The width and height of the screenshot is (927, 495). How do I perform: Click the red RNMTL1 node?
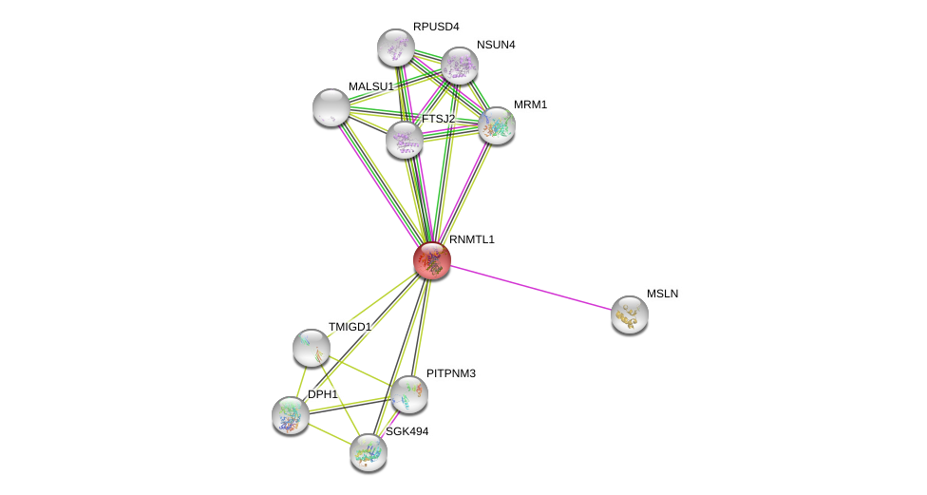(x=432, y=260)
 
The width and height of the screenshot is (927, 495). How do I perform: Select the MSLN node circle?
(x=629, y=314)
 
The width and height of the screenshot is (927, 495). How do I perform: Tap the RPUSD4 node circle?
(x=396, y=48)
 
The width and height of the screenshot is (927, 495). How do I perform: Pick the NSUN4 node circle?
(x=460, y=66)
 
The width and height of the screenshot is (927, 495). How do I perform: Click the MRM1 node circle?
(x=497, y=125)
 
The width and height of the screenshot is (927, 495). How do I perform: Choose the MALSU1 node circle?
(x=331, y=107)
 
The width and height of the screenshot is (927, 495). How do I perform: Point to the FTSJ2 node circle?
(x=405, y=140)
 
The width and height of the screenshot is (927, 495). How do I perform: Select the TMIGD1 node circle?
(x=312, y=348)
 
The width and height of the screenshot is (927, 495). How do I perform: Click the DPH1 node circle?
(x=291, y=415)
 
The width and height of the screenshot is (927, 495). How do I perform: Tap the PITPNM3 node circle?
(x=409, y=394)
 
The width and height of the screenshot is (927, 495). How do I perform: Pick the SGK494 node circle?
(x=369, y=452)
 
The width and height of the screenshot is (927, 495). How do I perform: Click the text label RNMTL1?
(x=472, y=239)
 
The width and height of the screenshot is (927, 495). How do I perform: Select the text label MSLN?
(x=662, y=294)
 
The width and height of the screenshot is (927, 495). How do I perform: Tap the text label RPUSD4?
(x=436, y=27)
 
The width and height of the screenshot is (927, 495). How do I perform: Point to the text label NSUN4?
(x=496, y=45)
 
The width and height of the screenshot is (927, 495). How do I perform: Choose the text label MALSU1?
(x=370, y=86)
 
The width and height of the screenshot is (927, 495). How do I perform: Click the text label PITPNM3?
(x=451, y=373)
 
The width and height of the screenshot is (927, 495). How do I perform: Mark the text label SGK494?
(x=407, y=431)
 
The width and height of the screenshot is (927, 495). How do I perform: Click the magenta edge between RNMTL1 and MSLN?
(x=532, y=288)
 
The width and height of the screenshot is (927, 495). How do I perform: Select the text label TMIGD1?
(x=350, y=327)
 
